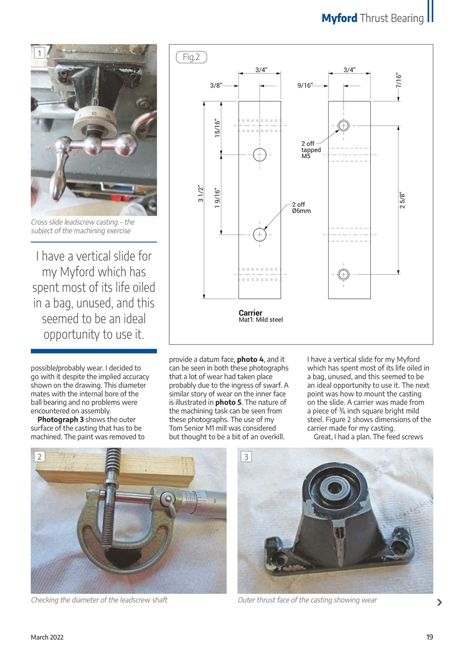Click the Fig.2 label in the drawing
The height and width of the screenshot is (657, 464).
click(x=191, y=57)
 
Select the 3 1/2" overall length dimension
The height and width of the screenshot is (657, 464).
click(x=200, y=194)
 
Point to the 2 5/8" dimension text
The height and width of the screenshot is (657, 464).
click(x=402, y=200)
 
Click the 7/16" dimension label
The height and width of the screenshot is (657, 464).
click(x=399, y=80)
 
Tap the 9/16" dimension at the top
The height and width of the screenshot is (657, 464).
click(x=306, y=86)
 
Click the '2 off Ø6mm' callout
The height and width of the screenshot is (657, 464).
click(x=301, y=208)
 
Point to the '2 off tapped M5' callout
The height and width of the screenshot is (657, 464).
click(x=311, y=150)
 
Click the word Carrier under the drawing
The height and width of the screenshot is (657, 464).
click(x=250, y=313)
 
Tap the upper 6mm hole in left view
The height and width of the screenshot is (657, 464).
click(x=259, y=154)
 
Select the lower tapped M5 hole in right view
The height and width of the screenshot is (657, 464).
click(x=344, y=274)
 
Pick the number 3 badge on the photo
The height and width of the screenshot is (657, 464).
click(x=246, y=456)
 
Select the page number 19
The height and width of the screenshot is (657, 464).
click(x=429, y=637)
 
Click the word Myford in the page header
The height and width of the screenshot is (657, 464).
click(x=339, y=18)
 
